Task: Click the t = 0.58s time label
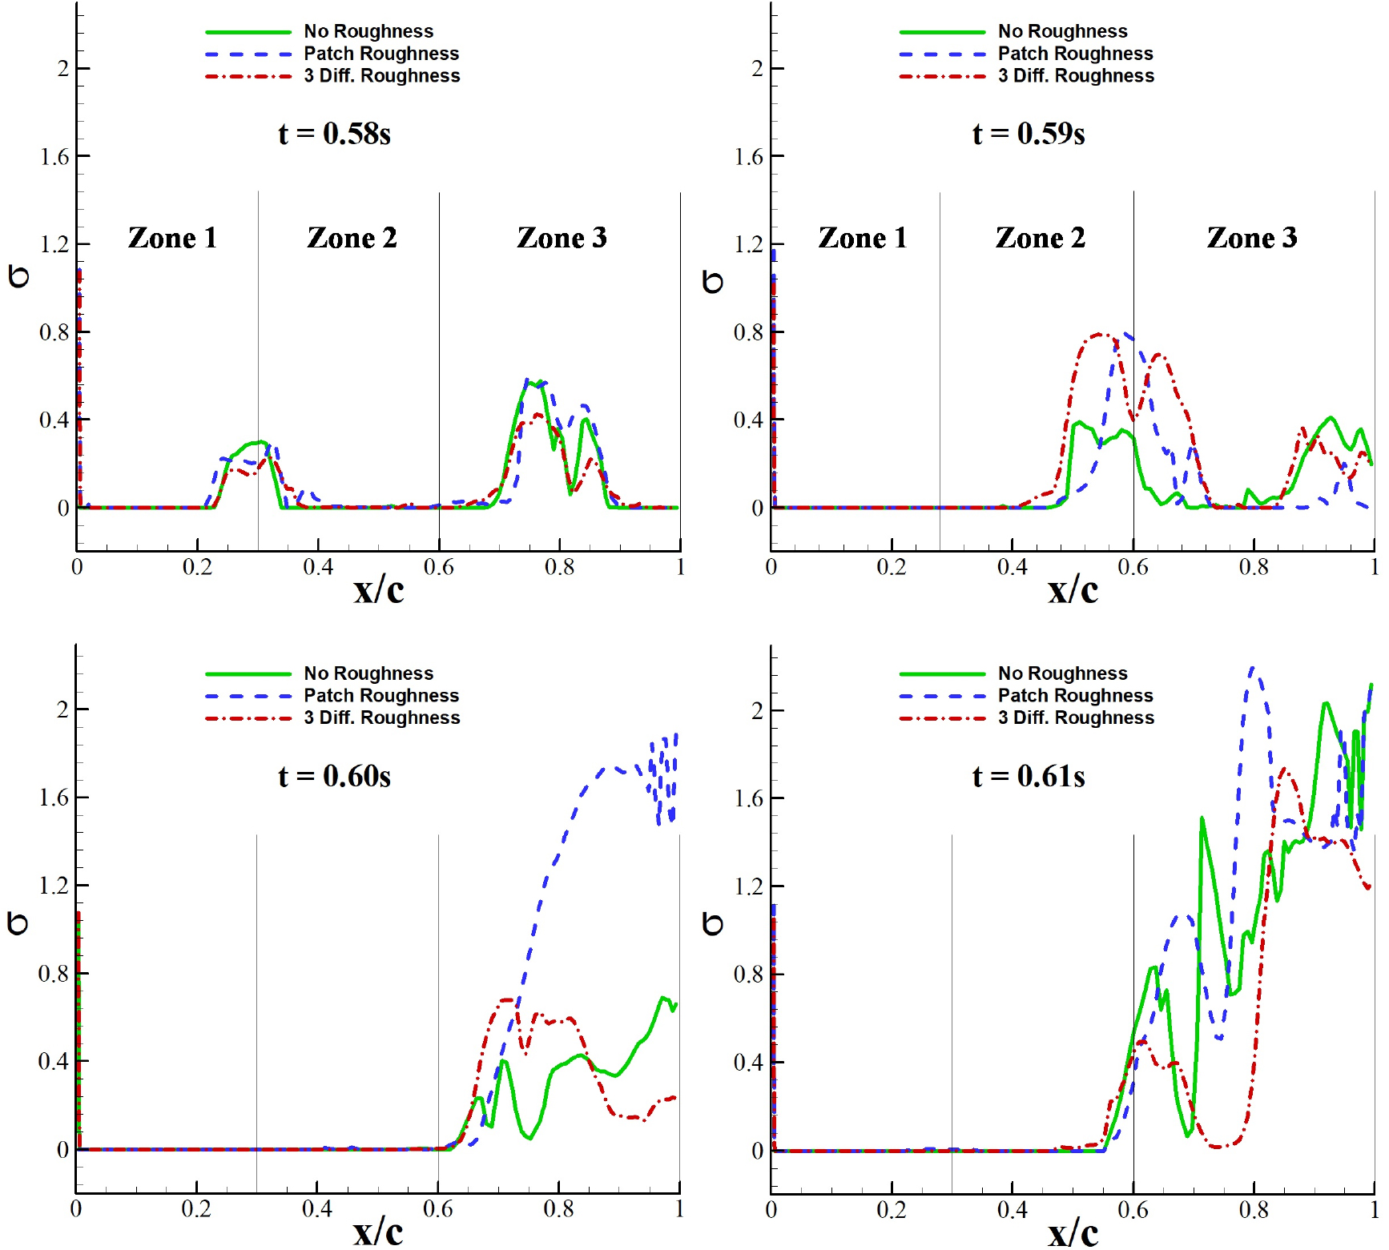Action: click(x=334, y=134)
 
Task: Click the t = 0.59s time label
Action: click(x=1029, y=134)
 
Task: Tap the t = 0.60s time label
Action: click(x=334, y=776)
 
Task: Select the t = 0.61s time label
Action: click(x=1029, y=776)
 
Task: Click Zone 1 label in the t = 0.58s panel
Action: click(x=172, y=238)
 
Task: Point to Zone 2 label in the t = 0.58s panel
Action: click(x=352, y=238)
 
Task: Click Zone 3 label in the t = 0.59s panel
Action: click(x=1251, y=238)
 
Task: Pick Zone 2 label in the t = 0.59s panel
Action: click(x=1040, y=238)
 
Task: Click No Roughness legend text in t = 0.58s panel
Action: click(x=368, y=31)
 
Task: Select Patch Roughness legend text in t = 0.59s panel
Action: click(x=1075, y=54)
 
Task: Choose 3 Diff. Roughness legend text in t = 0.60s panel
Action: click(x=381, y=717)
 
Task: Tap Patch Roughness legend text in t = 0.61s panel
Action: click(x=1075, y=695)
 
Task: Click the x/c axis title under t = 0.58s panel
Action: click(x=379, y=590)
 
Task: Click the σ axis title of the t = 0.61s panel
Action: click(x=712, y=924)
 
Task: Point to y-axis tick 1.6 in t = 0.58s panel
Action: click(x=54, y=157)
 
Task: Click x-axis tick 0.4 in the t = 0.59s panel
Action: click(x=1013, y=568)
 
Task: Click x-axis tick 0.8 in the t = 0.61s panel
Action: click(x=1254, y=1210)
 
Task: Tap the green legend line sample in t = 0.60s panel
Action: click(x=248, y=673)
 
